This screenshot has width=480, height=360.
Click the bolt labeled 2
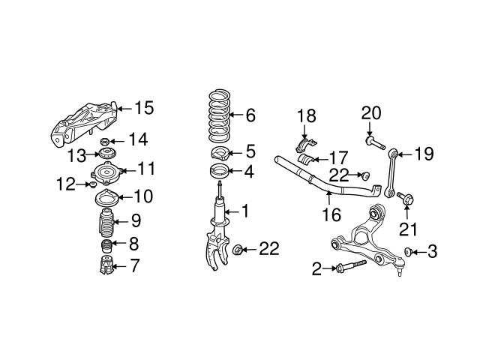352,265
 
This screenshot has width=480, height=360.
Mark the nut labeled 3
409,252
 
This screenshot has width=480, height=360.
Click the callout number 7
135,265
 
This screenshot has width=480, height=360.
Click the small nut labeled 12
91,184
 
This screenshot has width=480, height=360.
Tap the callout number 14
137,139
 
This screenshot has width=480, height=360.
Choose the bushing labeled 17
307,160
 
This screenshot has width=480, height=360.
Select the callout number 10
142,197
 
